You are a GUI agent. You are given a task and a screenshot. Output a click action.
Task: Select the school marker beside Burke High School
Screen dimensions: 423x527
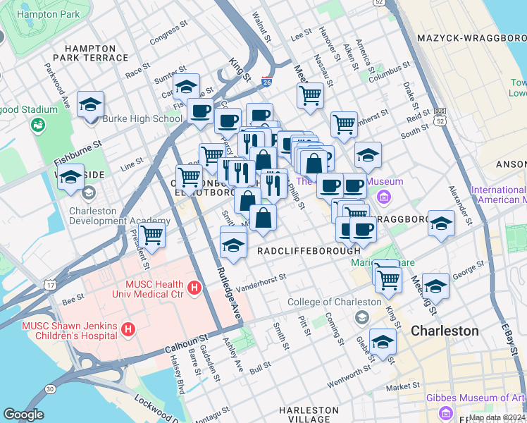[91, 106]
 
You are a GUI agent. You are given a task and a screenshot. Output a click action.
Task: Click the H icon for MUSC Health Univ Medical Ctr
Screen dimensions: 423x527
[195, 288]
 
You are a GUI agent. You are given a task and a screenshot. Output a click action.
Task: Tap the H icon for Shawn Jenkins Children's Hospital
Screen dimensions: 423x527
[128, 329]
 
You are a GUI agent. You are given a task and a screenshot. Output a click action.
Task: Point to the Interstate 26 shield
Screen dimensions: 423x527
[267, 82]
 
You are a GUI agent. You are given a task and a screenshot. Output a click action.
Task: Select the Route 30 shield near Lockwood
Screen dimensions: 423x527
[50, 388]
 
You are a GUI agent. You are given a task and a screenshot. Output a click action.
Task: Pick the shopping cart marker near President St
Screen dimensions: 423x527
[152, 236]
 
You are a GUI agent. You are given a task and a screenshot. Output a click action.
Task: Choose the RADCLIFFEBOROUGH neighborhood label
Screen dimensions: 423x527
[309, 251]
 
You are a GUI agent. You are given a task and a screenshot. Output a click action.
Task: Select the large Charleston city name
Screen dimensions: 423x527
[445, 331]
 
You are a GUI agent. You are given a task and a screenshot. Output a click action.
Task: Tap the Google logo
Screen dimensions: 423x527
[23, 415]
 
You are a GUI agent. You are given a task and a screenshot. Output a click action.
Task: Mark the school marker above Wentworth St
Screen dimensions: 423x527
[383, 342]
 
